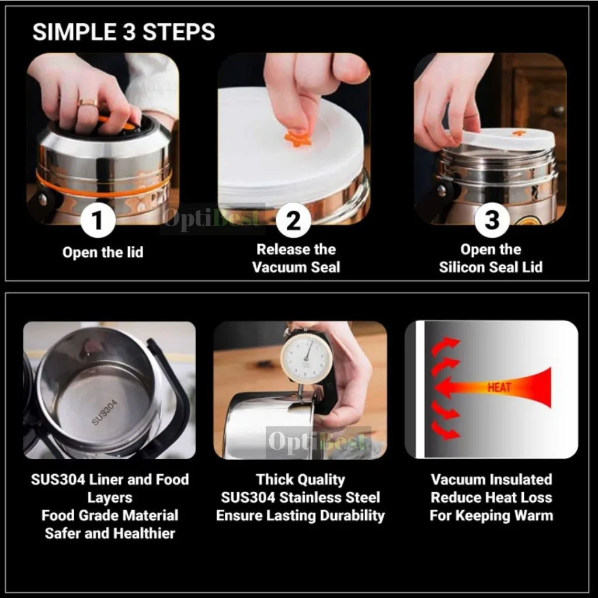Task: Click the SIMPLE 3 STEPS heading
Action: click(x=124, y=32)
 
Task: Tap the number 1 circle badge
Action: click(x=98, y=221)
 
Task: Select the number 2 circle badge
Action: click(x=293, y=220)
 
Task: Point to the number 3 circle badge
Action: click(x=492, y=220)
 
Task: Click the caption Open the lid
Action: click(x=103, y=252)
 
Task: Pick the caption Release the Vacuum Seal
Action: click(x=295, y=258)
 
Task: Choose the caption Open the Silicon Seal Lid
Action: click(x=491, y=258)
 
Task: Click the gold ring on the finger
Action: click(x=88, y=103)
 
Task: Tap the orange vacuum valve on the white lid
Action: click(x=297, y=138)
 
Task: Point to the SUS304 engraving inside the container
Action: click(x=105, y=412)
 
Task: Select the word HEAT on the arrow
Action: click(x=499, y=387)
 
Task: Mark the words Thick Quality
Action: click(x=300, y=479)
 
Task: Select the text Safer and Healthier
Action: click(x=110, y=533)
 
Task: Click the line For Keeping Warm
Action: click(x=491, y=516)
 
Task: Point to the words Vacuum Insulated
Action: click(x=491, y=479)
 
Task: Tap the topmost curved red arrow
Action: click(x=445, y=345)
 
